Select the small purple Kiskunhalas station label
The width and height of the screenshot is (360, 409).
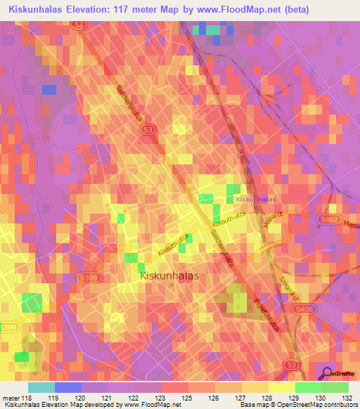pos(256,200)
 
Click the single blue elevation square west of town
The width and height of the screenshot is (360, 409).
pos(48,89)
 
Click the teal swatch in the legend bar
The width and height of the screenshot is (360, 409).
pos(41,387)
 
